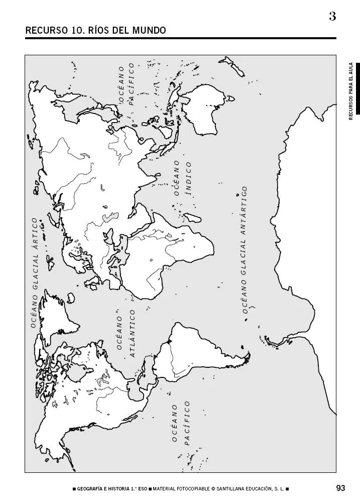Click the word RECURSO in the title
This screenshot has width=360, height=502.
[43, 31]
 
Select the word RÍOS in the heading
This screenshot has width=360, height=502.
[98, 31]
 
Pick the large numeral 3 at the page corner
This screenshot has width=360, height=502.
[332, 16]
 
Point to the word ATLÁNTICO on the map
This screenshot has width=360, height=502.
[133, 333]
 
